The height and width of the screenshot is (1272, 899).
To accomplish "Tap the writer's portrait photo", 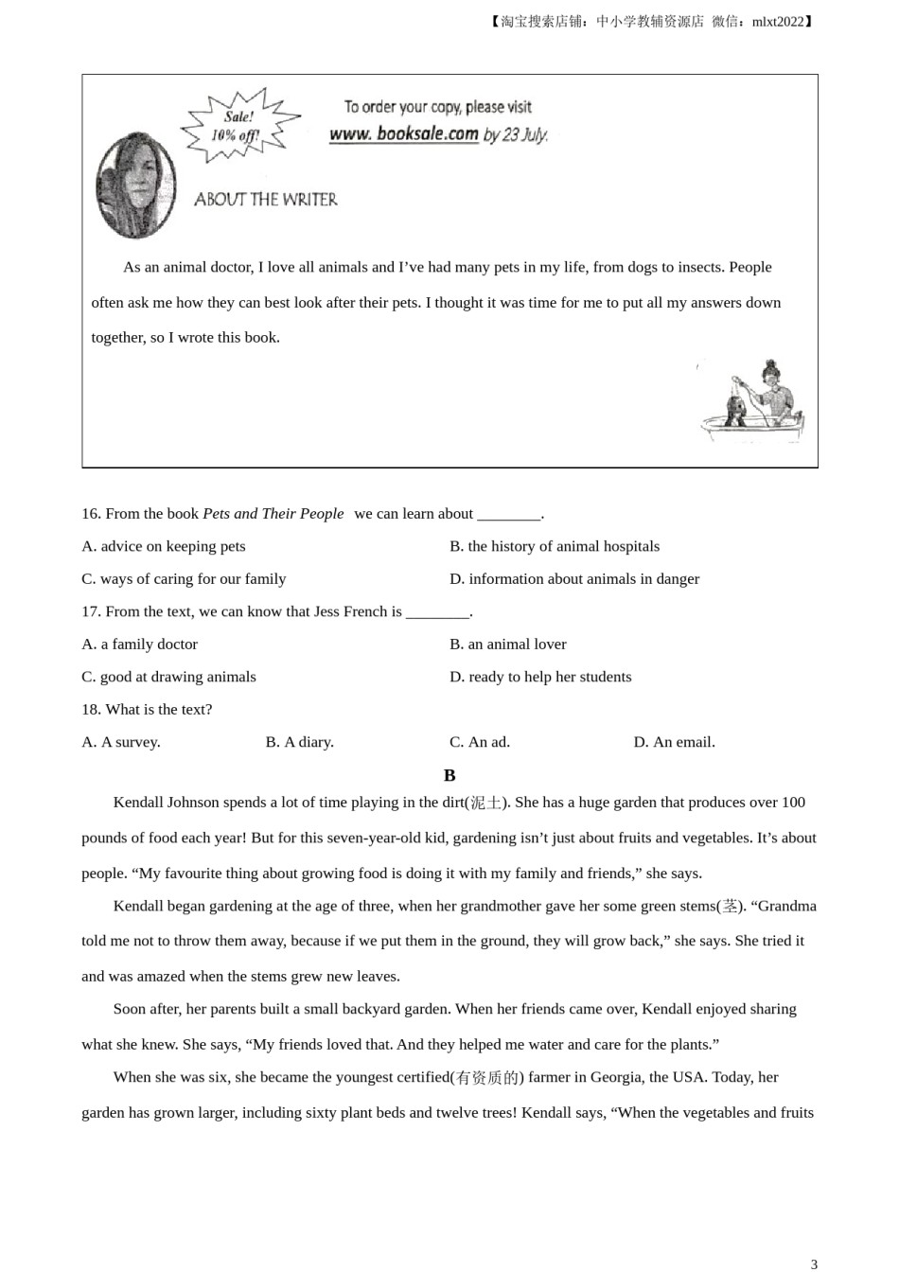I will point(136,185).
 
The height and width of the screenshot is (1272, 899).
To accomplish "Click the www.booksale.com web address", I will point(404,134).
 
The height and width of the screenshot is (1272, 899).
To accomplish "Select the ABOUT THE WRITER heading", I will point(266,200).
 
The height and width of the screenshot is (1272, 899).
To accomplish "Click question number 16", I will point(91,514).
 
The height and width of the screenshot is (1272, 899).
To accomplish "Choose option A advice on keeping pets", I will point(164,546).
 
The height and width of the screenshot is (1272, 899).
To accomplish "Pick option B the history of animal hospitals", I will point(555,546).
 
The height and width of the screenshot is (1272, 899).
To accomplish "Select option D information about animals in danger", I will point(574,579).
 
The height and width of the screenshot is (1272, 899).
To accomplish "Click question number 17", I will point(91,611).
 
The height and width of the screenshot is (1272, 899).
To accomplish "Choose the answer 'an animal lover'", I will point(508,645).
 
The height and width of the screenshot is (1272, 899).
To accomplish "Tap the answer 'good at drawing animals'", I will point(168,677).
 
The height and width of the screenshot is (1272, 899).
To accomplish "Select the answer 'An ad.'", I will point(480,742).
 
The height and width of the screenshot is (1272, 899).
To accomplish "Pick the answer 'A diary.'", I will point(300,742).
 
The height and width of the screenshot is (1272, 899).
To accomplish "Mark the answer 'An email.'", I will point(674,742).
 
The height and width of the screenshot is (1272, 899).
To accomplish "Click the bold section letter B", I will point(449,775).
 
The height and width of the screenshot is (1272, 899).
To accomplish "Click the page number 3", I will point(814,1263).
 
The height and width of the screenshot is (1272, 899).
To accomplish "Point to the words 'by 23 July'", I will point(516,135).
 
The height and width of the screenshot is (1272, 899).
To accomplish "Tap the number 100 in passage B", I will point(793,803).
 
